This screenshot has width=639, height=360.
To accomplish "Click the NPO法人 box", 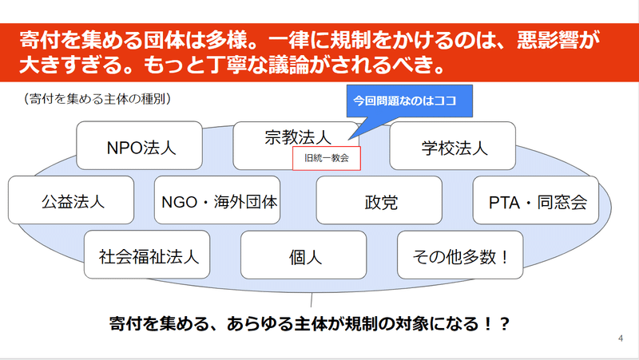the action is (x=139, y=145).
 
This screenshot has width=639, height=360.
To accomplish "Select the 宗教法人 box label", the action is (x=297, y=137).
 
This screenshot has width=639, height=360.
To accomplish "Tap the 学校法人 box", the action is (x=452, y=145).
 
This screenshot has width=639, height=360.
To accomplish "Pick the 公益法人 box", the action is (x=71, y=200).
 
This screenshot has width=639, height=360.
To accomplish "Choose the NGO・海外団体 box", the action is (x=217, y=200).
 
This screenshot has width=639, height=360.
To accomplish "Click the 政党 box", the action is (x=379, y=200).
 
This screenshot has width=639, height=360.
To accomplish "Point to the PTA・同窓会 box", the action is (x=535, y=200).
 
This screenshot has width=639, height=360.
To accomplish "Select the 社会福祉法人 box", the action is (x=147, y=255).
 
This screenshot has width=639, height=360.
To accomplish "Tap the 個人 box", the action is (x=304, y=255).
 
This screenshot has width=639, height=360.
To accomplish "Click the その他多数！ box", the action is (x=460, y=255).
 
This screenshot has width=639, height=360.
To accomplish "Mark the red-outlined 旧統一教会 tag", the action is (x=327, y=158).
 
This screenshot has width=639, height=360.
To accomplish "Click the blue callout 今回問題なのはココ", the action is (x=410, y=101).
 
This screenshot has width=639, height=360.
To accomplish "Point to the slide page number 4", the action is (x=621, y=338).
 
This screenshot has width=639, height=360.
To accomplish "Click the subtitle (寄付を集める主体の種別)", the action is (x=97, y=98).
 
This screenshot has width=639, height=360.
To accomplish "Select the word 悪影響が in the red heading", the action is (x=558, y=40).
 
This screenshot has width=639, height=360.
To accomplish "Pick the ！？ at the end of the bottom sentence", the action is (x=495, y=324).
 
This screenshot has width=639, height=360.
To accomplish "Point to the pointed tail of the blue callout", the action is (x=349, y=140).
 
